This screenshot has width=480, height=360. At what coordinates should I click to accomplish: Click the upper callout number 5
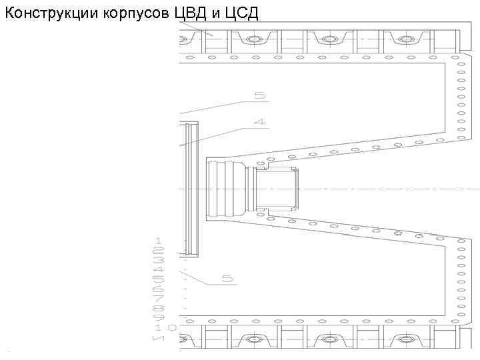259,95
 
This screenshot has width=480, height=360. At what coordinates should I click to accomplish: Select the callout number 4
259,122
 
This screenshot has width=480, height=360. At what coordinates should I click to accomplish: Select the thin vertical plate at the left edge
191,189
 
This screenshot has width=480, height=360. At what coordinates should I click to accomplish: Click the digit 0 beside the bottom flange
173,328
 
